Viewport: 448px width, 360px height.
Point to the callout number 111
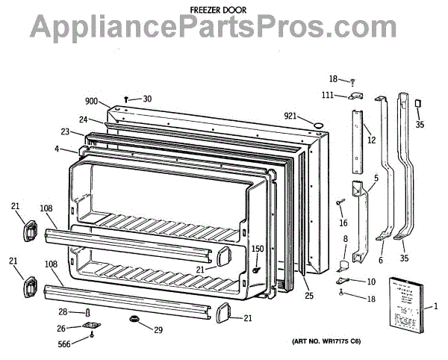click(x=328, y=95)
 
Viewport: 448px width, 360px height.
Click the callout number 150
click(x=257, y=249)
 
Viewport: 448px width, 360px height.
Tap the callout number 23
click(x=66, y=132)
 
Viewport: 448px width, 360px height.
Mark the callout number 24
click(x=84, y=119)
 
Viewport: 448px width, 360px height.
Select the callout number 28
click(x=63, y=311)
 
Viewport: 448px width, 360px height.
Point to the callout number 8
click(x=345, y=239)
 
